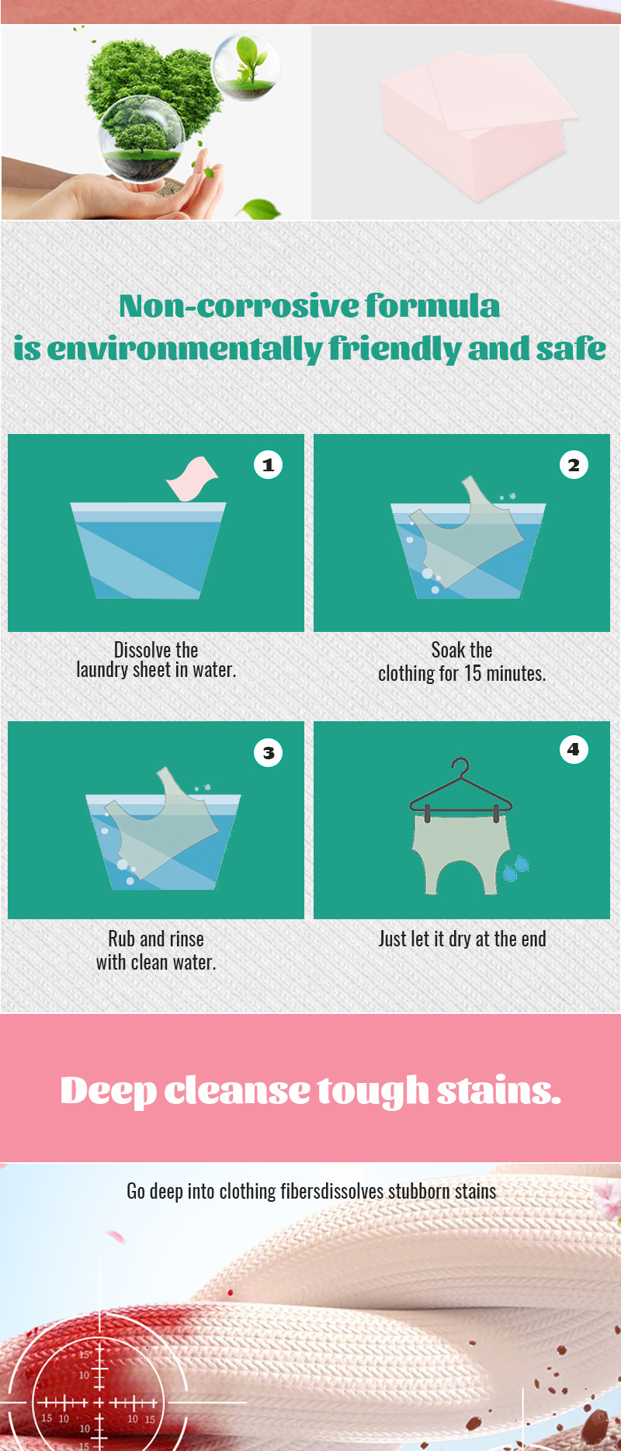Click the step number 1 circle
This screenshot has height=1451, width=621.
point(268,465)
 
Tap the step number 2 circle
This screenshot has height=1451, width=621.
point(574,465)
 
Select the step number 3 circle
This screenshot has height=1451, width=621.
point(268,752)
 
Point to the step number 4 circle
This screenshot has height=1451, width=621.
point(574,749)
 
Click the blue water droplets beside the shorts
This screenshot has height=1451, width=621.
point(516,867)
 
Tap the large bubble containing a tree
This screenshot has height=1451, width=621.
point(141,141)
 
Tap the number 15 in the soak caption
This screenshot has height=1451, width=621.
point(473,674)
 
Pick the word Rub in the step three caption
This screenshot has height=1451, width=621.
point(121,939)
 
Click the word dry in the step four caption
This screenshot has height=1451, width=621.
point(460,939)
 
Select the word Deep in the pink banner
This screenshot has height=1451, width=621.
point(108,1091)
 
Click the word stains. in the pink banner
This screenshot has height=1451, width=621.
point(498,1091)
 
